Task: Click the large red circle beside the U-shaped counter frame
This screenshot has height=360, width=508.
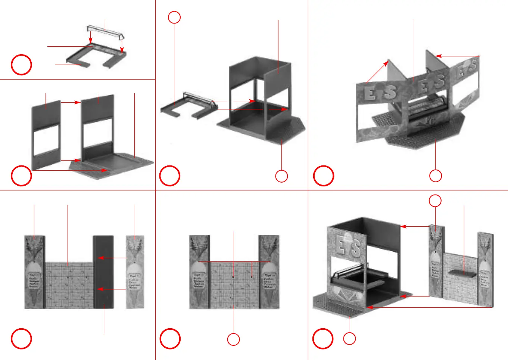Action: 21,65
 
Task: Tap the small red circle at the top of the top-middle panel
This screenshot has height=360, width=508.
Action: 174,17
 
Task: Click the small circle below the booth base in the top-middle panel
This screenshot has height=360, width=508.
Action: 281,176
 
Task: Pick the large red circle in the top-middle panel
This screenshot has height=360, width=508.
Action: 170,176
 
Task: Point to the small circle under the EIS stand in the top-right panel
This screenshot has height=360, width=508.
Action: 436,176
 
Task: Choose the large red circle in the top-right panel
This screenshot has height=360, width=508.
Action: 323,176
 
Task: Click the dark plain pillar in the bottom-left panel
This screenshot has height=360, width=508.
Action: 103,271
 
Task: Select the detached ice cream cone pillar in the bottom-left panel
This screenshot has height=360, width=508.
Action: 135,271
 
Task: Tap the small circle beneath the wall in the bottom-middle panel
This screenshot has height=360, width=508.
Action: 233,339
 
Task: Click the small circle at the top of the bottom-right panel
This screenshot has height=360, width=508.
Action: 435,201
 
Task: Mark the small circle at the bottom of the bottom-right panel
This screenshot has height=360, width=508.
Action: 349,339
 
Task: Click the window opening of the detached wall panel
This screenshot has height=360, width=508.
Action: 46,140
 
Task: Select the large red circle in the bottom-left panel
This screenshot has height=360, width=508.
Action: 21,338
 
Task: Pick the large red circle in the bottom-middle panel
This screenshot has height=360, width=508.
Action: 170,338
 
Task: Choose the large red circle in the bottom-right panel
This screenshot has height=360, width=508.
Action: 322,338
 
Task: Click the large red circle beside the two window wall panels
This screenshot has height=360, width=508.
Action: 21,176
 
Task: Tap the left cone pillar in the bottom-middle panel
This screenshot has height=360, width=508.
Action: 199,271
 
